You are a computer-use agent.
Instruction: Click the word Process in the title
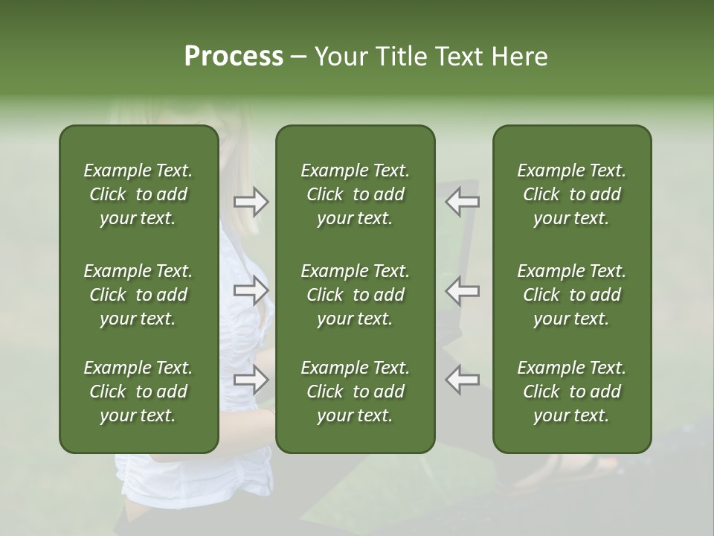coord(234,57)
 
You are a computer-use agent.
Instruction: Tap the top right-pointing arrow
coord(251,202)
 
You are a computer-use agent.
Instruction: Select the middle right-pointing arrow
coord(251,290)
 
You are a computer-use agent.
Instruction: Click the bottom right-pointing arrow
coord(251,380)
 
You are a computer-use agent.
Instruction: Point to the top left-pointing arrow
coord(463,202)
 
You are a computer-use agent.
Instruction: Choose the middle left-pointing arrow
coord(463,290)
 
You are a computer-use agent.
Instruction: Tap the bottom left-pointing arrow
coord(463,380)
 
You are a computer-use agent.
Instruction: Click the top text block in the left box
coord(138,194)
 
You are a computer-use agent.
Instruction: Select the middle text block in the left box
coord(138,295)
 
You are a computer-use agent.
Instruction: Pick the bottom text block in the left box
coord(138,392)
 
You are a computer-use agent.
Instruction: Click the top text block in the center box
coord(355,194)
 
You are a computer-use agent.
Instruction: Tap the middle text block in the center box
coord(355,295)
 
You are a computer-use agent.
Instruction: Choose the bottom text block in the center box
coord(355,392)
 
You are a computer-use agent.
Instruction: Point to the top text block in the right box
coord(571,194)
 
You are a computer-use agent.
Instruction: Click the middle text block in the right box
coord(571,295)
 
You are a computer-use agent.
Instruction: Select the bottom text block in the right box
coord(571,392)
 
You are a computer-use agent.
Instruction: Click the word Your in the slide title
coord(341,57)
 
